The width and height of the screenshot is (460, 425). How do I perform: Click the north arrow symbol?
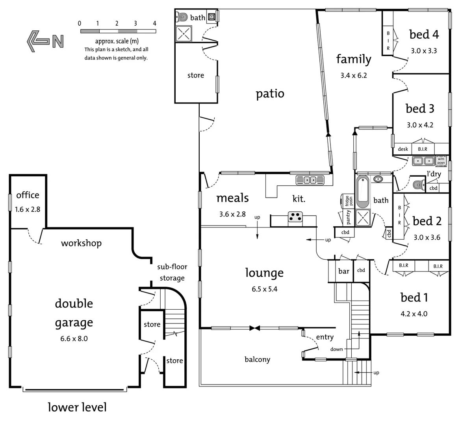point(45,41)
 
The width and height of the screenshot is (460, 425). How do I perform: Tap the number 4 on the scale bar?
point(154,23)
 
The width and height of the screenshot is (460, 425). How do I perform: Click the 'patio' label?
point(270,94)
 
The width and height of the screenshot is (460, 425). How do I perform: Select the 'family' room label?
point(354,59)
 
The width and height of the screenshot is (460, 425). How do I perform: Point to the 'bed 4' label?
point(424,35)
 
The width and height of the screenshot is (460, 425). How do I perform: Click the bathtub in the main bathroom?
point(362,192)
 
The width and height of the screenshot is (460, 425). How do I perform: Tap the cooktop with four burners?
point(295,217)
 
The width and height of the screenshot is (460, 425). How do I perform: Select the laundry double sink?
point(423,161)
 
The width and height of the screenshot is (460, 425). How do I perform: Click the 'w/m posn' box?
point(441,161)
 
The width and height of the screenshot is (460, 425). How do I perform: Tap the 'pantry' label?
point(348,217)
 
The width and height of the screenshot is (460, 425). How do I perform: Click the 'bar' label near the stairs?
point(344,271)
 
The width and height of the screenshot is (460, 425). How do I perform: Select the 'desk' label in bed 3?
point(403,149)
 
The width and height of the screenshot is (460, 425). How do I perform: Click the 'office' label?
point(28,195)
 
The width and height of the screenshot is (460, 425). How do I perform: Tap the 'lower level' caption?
point(77,407)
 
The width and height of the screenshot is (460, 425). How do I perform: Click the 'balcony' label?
point(257,359)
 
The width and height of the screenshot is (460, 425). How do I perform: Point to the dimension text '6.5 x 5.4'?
point(265,289)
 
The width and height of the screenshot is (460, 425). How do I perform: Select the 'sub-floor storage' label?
point(172,272)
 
